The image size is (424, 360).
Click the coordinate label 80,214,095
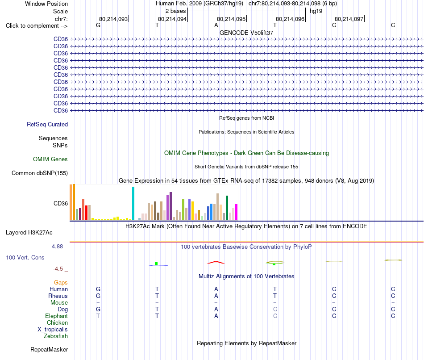point(231,19)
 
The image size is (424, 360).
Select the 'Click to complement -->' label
point(37,26)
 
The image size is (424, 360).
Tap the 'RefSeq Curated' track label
point(47,124)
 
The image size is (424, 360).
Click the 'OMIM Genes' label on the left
point(50,159)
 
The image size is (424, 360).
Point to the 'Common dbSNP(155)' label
point(40,173)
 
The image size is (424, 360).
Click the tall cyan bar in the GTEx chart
point(133,203)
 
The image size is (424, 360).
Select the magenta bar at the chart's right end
point(237,212)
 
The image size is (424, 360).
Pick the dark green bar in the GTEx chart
point(227,208)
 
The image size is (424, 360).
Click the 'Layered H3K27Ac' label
point(29,233)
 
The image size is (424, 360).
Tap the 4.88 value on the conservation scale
point(57,247)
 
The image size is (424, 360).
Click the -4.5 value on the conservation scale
point(58,269)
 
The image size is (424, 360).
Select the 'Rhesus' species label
point(58,296)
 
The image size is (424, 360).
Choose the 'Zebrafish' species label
point(56,336)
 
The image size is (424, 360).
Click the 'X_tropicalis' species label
point(53,330)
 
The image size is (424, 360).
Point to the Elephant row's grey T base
point(98,316)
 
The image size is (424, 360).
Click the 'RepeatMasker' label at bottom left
point(49,349)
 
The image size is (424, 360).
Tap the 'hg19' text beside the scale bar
point(316,11)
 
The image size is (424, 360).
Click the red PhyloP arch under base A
point(216,262)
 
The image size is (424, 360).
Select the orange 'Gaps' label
point(61,283)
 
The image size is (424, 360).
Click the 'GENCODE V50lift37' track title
point(246,33)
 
